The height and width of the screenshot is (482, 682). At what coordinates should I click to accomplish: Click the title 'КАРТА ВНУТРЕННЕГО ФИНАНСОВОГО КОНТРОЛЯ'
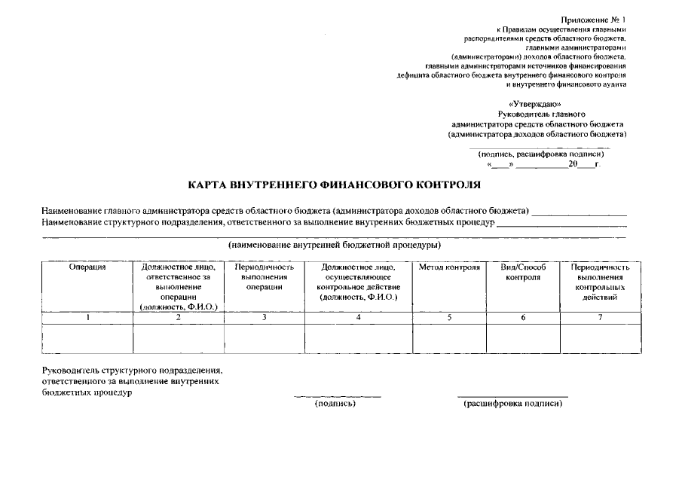coord(334,184)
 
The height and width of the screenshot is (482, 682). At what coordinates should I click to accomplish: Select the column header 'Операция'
coord(87,267)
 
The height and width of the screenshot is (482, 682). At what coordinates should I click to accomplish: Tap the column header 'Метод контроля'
coord(448,267)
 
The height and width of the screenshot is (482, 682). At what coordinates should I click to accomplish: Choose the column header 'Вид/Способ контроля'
coord(523,273)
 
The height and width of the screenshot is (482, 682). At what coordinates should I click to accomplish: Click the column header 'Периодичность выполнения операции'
coord(264,277)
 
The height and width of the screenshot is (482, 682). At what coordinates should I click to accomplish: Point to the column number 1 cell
coord(87,317)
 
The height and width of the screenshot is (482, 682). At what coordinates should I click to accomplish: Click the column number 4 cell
coord(358,317)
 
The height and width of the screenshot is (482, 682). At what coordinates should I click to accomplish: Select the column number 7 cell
coord(600,317)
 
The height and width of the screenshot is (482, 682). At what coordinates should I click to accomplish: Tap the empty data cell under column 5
coord(448,338)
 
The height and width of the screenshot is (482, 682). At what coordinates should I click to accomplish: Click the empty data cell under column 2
coord(179,338)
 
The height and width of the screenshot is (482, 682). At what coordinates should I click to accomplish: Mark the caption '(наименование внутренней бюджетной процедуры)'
coord(334,246)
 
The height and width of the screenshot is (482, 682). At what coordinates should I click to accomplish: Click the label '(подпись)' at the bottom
coord(335,404)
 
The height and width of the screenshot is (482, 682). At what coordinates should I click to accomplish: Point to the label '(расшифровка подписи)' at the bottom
coord(512,404)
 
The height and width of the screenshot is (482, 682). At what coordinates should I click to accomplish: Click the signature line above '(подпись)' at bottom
coord(337,396)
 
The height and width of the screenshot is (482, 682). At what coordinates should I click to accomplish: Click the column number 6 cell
coord(523,317)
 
